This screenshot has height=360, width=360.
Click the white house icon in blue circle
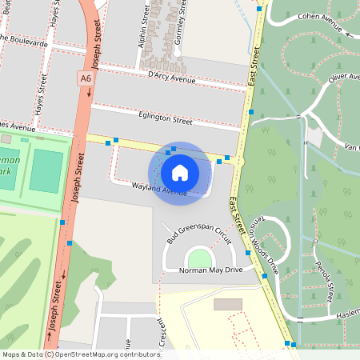pyautogui.click(x=180, y=172)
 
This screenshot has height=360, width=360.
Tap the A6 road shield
pyautogui.click(x=85, y=78)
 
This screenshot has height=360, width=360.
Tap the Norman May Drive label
pyautogui.click(x=201, y=270)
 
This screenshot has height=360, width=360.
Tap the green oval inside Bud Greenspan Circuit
pyautogui.click(x=198, y=258)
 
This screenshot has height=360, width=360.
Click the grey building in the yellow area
pyautogui.click(x=227, y=305)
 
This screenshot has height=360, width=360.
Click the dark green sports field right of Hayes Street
pyautogui.click(x=46, y=170)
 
